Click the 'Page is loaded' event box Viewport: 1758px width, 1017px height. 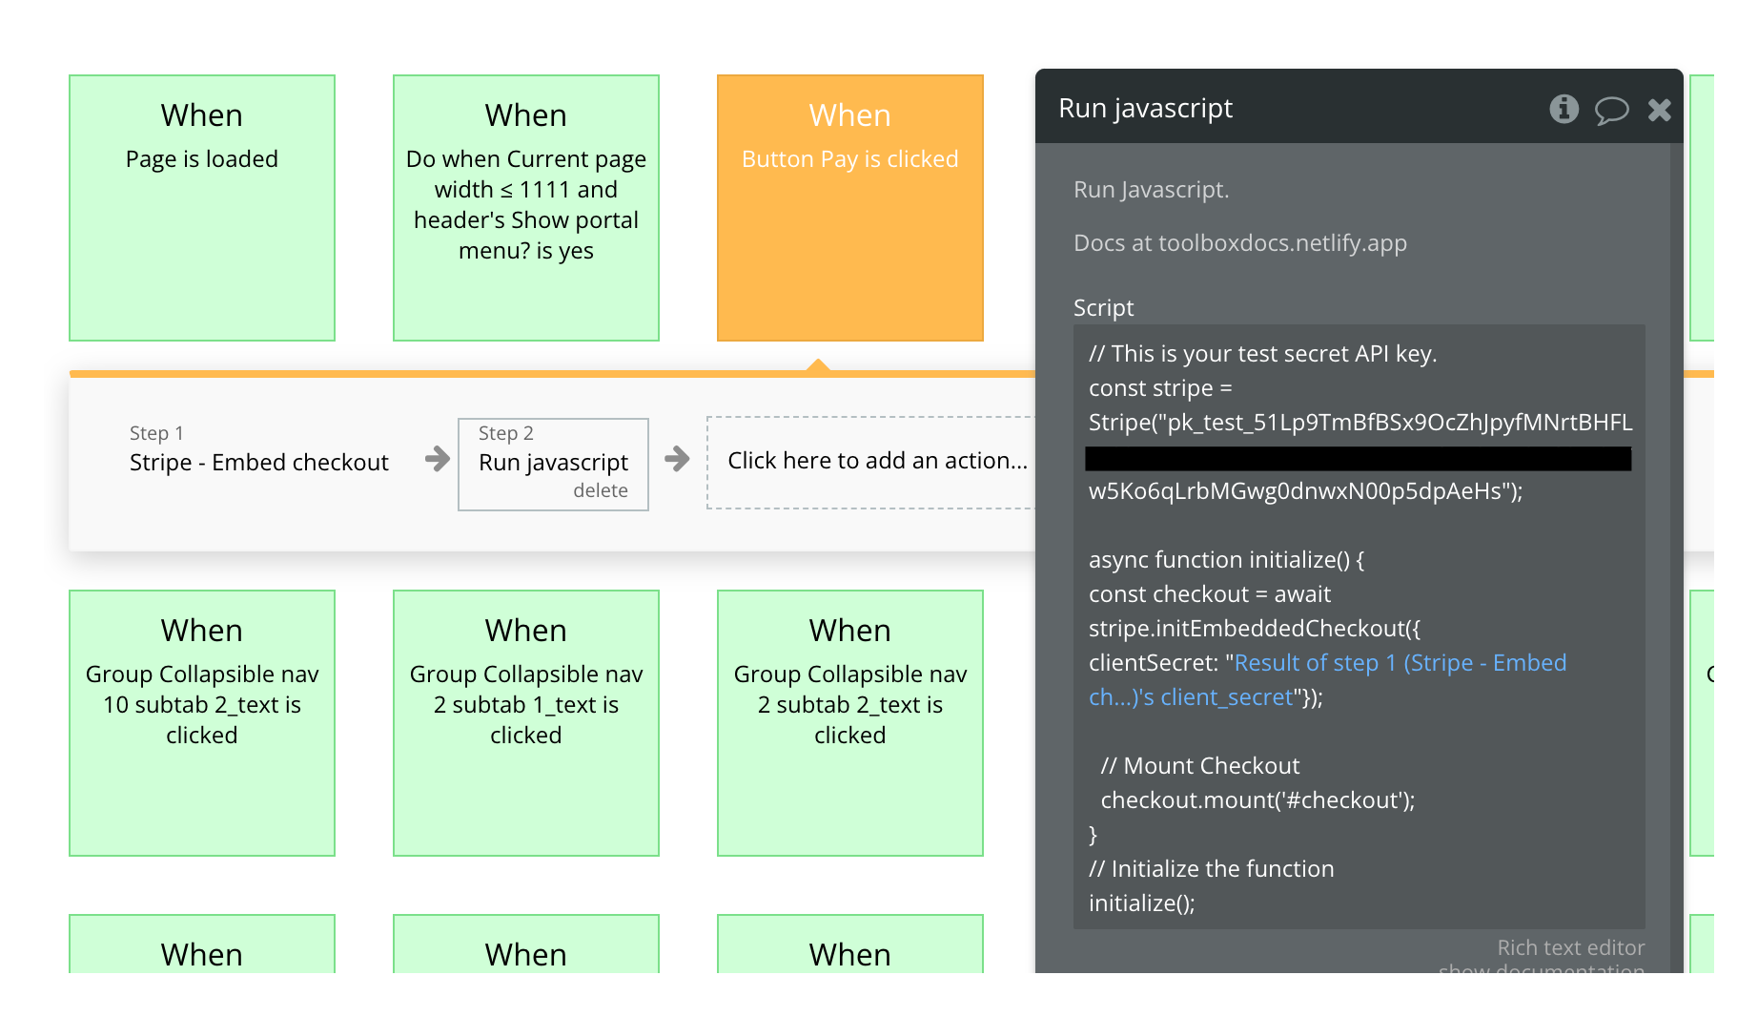point(202,207)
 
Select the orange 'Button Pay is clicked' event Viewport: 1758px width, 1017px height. point(849,207)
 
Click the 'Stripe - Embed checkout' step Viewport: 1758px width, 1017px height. point(258,463)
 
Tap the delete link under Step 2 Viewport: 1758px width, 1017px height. point(600,490)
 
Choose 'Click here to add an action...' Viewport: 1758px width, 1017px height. point(876,461)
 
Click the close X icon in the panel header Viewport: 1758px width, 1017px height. point(1659,110)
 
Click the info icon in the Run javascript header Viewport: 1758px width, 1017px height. point(1564,109)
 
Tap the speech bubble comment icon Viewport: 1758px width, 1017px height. point(1611,110)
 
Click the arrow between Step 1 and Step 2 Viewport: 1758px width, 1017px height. point(438,459)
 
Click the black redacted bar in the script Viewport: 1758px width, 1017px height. point(1358,459)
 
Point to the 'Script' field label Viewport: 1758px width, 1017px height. point(1103,308)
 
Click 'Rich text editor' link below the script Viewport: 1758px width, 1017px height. point(1570,947)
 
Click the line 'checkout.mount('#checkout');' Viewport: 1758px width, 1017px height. point(1257,800)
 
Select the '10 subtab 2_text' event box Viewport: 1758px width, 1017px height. point(202,722)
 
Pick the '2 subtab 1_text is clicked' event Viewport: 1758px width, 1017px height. point(526,722)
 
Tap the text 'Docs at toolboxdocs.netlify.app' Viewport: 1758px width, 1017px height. point(1239,243)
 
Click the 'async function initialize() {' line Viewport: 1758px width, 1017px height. point(1226,560)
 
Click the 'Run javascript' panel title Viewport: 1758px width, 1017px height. point(1145,109)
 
